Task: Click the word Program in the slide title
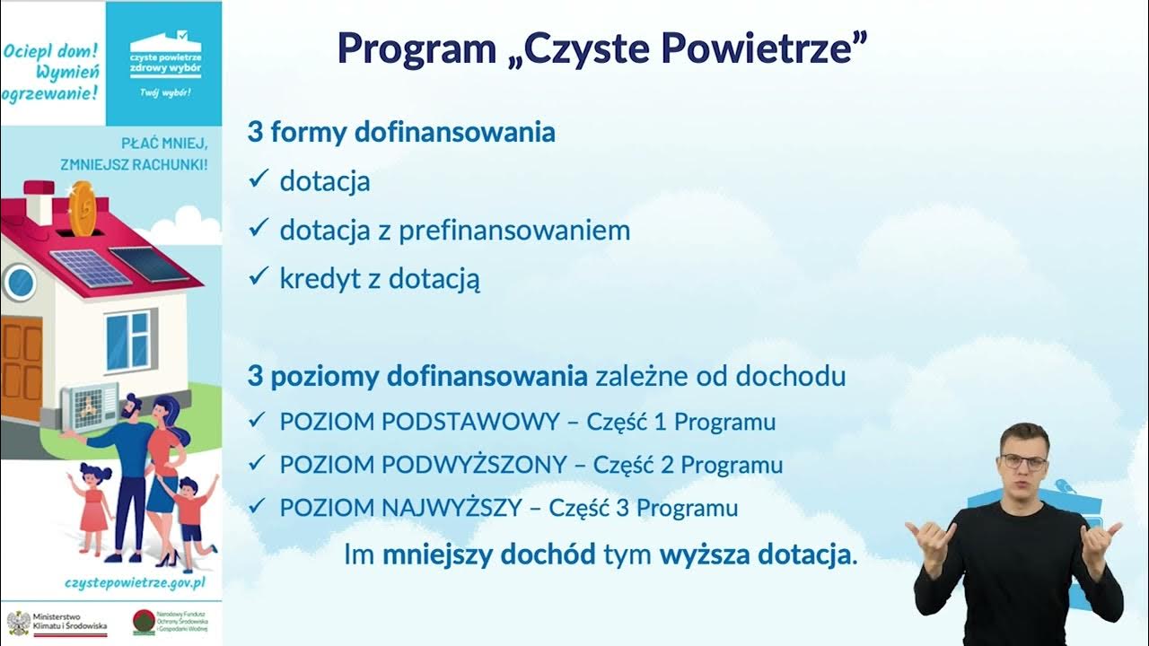coord(417,48)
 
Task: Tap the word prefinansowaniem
coord(514,231)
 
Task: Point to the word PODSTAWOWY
coord(479,422)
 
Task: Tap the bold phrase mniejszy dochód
coord(488,554)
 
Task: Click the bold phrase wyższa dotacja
coord(754,554)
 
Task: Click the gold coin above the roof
coord(82,208)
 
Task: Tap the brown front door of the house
coord(21,368)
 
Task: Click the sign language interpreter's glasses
coord(1024,463)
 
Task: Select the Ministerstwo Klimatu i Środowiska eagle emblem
coord(17,623)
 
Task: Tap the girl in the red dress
coord(94,502)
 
